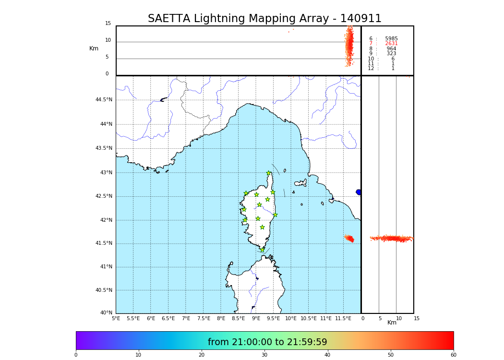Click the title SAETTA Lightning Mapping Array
coord(264,19)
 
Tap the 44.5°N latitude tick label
coord(104,100)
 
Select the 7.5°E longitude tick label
coord(204,318)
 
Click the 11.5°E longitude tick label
coord(344,318)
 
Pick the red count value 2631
coord(391,44)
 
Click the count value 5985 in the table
coord(391,39)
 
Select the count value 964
coord(391,49)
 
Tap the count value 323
coord(391,54)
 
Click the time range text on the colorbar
coord(267,342)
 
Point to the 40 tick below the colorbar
coord(327,355)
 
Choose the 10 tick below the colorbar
coord(138,355)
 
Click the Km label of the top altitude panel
coord(94,48)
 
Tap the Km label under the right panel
coord(392,323)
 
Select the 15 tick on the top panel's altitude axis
coord(108,24)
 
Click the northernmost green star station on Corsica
coord(269,173)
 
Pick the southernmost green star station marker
coord(262,250)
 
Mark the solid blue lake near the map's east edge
coord(359,192)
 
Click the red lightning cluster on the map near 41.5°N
coord(349,238)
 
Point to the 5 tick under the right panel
coord(380,318)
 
